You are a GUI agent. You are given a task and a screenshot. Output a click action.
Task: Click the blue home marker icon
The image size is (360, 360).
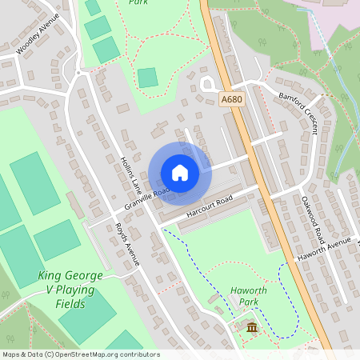[x=179, y=173]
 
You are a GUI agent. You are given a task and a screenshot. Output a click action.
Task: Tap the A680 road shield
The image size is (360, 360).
[x=230, y=99]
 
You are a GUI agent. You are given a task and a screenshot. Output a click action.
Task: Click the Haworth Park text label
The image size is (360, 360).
[x=248, y=296]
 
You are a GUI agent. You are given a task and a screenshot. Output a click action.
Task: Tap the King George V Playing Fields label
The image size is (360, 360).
[x=70, y=290]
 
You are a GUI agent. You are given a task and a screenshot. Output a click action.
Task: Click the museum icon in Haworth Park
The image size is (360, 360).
[x=251, y=328]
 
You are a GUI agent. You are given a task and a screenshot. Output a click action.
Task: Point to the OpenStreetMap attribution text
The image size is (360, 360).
[x=80, y=354]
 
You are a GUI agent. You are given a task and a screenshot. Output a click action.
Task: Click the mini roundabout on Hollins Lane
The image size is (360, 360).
[x=78, y=74]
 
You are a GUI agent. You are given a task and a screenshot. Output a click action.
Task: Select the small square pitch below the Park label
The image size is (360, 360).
[x=147, y=78]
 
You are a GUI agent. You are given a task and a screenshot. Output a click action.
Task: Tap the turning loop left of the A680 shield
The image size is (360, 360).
[x=209, y=83]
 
